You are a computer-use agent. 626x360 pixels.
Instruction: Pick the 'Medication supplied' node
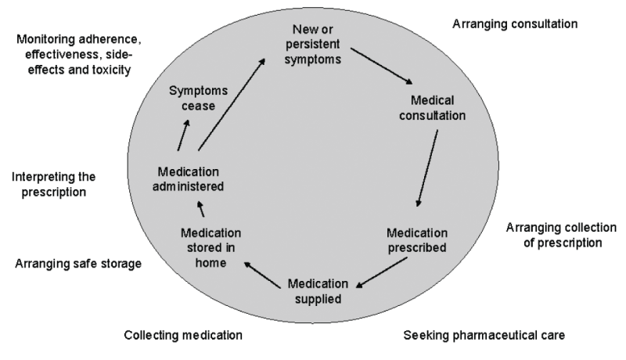click(315, 290)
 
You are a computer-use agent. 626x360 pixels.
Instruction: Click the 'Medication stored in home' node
click(210, 248)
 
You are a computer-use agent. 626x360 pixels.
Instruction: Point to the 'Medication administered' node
click(190, 178)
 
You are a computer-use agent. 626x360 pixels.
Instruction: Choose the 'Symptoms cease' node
click(192, 99)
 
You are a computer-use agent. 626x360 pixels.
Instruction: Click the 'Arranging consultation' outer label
click(515, 24)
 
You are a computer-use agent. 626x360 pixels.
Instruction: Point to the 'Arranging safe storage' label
click(77, 264)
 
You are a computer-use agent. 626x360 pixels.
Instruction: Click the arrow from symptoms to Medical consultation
click(381, 67)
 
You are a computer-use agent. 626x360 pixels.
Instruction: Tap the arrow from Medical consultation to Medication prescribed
click(427, 168)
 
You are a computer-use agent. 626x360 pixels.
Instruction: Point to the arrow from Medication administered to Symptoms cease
click(182, 135)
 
